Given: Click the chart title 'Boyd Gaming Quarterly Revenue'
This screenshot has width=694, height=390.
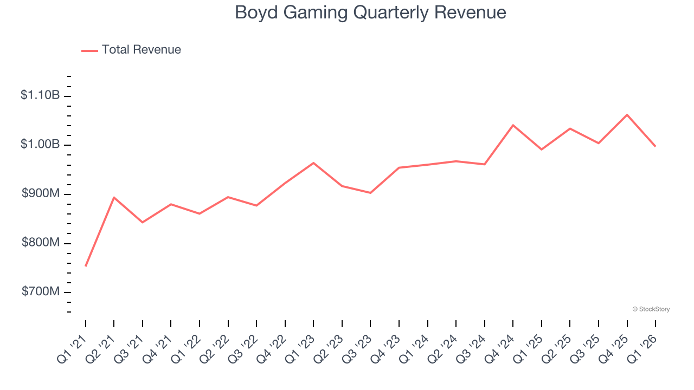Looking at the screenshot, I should [370, 12].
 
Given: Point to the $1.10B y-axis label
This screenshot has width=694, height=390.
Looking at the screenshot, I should [40, 95].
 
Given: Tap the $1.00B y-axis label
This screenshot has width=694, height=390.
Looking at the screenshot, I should [40, 145].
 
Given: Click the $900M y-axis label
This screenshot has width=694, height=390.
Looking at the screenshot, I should [40, 194].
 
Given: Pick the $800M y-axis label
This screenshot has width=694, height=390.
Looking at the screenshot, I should [40, 243].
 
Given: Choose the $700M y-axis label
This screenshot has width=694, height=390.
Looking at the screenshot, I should [40, 292].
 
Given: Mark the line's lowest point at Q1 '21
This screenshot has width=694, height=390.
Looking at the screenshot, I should [86, 266].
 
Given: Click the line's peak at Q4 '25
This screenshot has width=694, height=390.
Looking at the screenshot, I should [627, 115].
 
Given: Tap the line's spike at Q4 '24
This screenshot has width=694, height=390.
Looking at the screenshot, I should [513, 125].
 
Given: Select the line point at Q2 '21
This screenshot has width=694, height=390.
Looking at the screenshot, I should [114, 197].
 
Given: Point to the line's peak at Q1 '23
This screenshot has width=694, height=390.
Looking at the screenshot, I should [313, 163].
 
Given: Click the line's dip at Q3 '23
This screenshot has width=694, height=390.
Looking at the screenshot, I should [370, 193].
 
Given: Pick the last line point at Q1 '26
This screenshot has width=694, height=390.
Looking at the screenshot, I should [655, 146].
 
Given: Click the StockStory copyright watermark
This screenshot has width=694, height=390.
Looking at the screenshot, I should [651, 309].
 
